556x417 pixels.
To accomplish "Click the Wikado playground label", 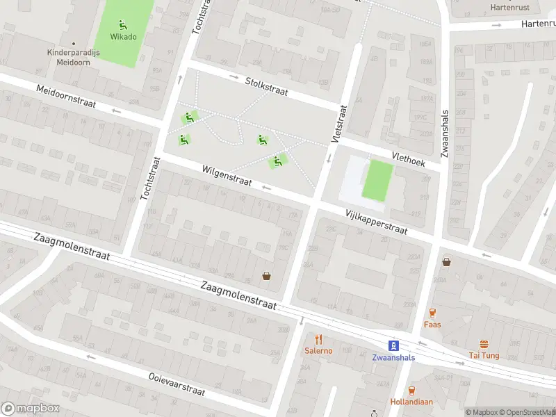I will tap(124, 37).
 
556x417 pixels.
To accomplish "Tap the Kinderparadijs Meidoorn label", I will tap(70, 56).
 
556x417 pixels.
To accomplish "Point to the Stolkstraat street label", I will tap(266, 86).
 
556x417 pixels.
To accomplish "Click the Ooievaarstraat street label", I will tap(177, 384).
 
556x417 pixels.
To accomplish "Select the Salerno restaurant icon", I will tap(319, 339).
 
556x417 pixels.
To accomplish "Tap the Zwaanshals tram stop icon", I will tap(393, 345).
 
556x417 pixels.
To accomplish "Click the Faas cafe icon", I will tap(432, 313).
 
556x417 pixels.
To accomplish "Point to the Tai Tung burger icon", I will tap(484, 344).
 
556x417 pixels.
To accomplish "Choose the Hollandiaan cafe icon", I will tap(412, 391).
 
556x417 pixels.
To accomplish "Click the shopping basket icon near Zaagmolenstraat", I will tap(266, 276).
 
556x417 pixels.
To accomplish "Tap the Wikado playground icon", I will tap(123, 24).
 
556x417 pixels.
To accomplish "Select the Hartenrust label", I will tap(509, 7).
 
